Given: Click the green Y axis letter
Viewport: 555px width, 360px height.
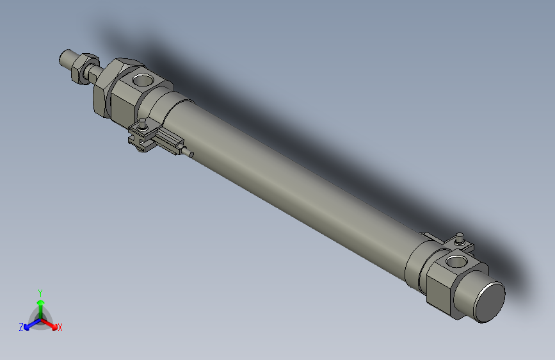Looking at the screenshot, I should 40,291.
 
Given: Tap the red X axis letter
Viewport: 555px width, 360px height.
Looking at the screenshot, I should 60,328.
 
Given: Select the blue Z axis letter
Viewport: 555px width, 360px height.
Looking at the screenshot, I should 21,327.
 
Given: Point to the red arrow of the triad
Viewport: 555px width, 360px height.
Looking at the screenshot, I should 51,323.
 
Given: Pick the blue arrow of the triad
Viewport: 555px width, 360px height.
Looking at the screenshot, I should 29,323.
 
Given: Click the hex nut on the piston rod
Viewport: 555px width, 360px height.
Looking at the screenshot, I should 81,67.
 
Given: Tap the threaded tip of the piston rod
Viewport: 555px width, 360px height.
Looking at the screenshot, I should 65,58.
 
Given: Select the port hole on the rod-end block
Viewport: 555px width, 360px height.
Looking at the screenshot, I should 142,81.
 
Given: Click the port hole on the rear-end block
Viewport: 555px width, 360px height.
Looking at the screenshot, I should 457,261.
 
